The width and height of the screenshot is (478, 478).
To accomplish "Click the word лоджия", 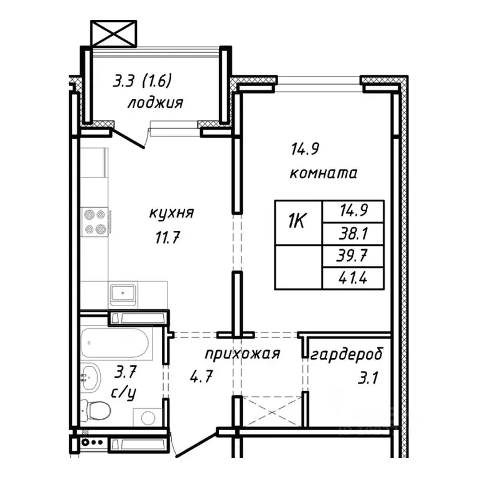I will click(155, 103).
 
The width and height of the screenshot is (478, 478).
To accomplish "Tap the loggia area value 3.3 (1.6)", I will click(142, 81).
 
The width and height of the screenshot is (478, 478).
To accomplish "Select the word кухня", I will click(171, 213).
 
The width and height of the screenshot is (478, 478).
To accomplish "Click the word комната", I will click(323, 173).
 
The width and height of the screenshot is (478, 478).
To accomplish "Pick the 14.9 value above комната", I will click(305, 149).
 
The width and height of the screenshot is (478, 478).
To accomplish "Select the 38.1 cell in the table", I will click(353, 234).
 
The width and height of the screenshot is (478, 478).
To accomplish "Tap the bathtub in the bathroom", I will click(115, 343).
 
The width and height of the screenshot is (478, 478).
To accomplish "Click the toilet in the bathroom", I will click(98, 410).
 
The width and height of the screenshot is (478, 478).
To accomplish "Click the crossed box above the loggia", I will click(113, 32).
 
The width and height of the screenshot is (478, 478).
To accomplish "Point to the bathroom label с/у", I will click(124, 393).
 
